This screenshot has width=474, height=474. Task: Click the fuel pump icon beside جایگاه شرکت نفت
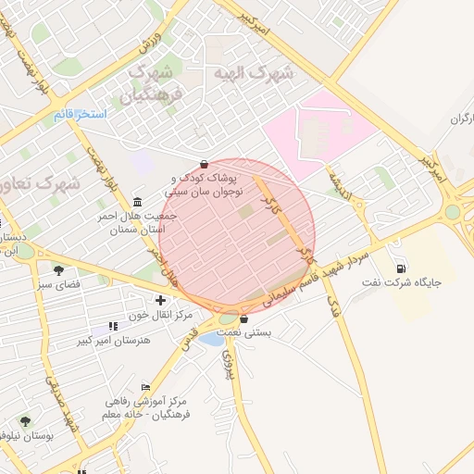[x=401, y=269]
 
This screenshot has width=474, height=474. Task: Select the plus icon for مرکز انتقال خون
[x=162, y=299]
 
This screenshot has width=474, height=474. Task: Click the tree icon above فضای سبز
[x=58, y=270]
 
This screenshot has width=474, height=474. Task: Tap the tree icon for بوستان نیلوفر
[x=25, y=421]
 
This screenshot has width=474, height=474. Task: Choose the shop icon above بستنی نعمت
[x=243, y=319]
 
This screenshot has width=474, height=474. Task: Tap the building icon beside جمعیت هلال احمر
[x=138, y=202]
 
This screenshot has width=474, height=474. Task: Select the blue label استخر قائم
[x=80, y=114]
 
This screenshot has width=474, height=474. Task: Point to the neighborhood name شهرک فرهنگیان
[x=153, y=82]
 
